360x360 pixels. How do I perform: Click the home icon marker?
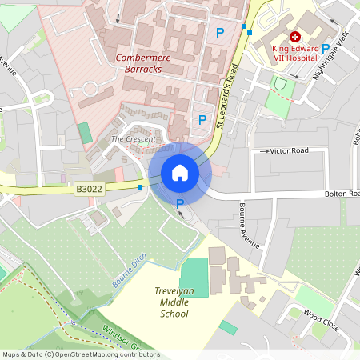tap(180, 172)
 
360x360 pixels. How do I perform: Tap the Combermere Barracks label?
tap(138, 63)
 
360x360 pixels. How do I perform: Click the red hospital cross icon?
tap(294, 37)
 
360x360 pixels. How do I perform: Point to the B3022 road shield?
tap(89, 189)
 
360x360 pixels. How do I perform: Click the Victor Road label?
tap(289, 150)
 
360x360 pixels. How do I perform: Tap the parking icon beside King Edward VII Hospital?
tap(325, 49)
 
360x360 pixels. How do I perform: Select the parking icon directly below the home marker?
tap(180, 204)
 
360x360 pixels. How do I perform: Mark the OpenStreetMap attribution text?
tap(81, 354)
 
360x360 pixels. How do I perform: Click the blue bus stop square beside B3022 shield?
tap(140, 187)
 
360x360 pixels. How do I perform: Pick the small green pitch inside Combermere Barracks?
tap(85, 133)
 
